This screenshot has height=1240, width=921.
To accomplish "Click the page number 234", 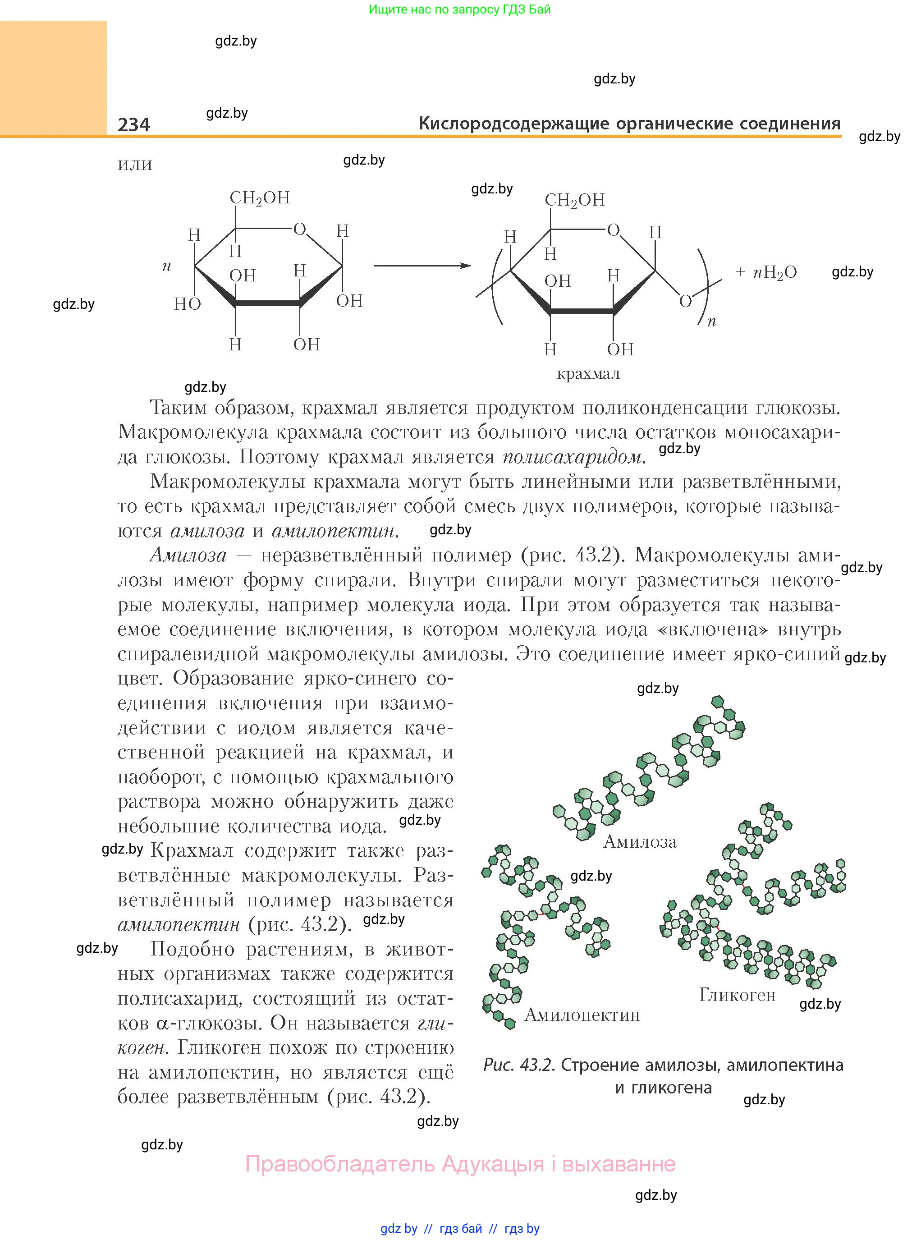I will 134,124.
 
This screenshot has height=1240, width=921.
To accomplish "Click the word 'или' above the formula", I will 135,165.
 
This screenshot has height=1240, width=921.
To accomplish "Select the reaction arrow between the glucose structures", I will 422,266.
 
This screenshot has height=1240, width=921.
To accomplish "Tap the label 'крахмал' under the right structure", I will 588,373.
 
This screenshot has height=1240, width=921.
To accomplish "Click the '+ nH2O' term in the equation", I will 766,272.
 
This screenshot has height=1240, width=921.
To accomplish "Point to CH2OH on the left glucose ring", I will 260,198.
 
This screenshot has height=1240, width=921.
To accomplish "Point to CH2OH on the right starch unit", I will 574,200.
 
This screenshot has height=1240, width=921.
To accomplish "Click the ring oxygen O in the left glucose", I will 300,229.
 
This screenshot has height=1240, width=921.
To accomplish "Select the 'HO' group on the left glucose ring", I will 188,304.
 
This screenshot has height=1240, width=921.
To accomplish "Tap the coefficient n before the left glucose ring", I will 166,266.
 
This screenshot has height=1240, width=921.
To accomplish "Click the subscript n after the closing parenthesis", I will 711,321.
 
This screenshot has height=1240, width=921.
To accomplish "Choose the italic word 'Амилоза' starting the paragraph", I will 188,556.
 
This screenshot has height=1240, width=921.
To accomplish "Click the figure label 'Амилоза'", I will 640,841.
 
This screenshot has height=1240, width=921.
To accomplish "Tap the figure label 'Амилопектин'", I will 582,1015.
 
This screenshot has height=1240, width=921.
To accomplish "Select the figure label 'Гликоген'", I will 737,995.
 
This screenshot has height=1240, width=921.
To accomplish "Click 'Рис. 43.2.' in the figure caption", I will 518,1065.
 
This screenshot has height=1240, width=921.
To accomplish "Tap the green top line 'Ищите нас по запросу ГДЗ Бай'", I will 460,9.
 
